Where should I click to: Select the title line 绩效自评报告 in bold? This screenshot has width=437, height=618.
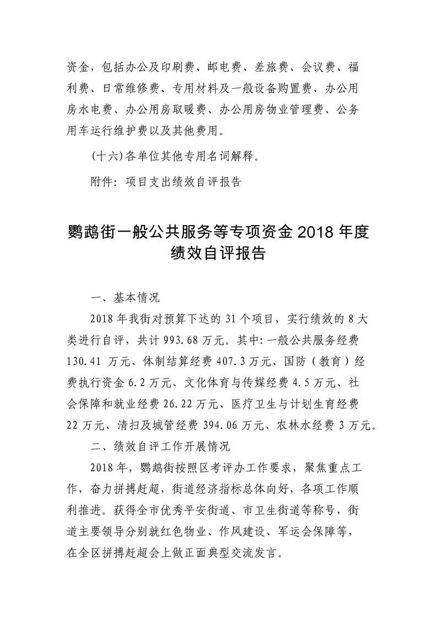tap(218, 254)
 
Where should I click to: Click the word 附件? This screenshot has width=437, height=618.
tap(101, 182)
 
